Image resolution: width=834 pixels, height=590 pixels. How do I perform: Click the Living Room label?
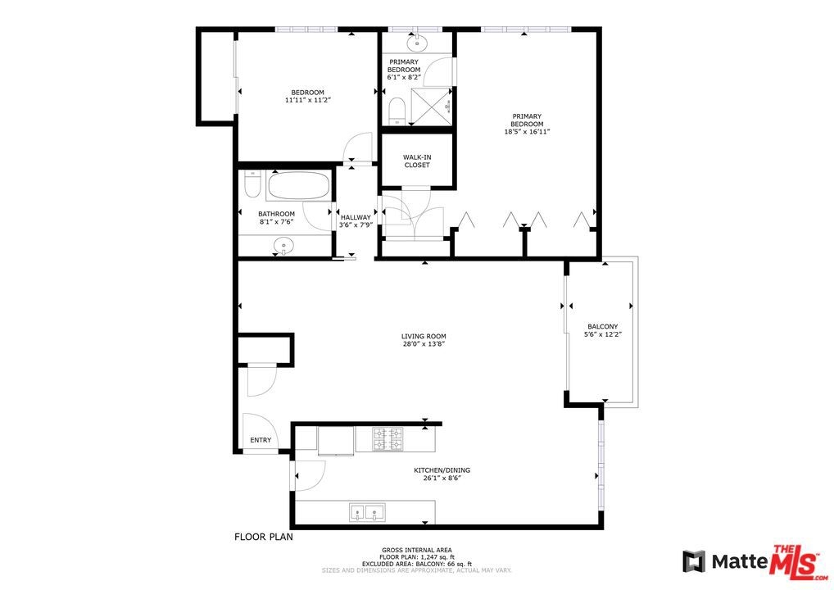pyautogui.click(x=424, y=336)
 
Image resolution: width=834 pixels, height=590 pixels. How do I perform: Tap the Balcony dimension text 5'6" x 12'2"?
pyautogui.click(x=603, y=334)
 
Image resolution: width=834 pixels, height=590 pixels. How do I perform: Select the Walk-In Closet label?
pyautogui.click(x=417, y=161)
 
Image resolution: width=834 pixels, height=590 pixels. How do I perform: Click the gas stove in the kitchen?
pyautogui.click(x=388, y=439)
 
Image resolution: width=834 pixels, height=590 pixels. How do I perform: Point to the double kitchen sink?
pyautogui.click(x=367, y=513)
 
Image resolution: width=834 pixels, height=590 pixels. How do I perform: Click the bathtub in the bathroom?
pyautogui.click(x=298, y=186)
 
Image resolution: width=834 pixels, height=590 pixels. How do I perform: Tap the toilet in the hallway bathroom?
pyautogui.click(x=251, y=183)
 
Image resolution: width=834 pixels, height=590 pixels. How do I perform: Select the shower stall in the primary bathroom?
pyautogui.click(x=432, y=107)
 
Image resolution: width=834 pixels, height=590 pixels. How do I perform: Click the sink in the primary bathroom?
pyautogui.click(x=418, y=43)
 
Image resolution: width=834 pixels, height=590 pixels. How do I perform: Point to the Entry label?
pyautogui.click(x=261, y=440)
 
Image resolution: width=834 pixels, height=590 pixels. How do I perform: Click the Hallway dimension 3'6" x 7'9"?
pyautogui.click(x=356, y=225)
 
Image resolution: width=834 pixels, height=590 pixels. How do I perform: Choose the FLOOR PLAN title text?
pyautogui.click(x=264, y=537)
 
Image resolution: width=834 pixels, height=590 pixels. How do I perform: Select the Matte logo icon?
pyautogui.click(x=694, y=562)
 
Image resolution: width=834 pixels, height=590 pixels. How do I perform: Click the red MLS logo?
pyautogui.click(x=794, y=562)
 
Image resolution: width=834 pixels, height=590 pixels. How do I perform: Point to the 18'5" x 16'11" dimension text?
pyautogui.click(x=527, y=132)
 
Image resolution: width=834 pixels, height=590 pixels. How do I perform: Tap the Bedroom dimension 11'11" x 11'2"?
pyautogui.click(x=308, y=100)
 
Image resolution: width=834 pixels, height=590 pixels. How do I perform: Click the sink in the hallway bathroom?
pyautogui.click(x=283, y=246)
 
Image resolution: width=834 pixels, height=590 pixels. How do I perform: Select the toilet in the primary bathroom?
pyautogui.click(x=397, y=111)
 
